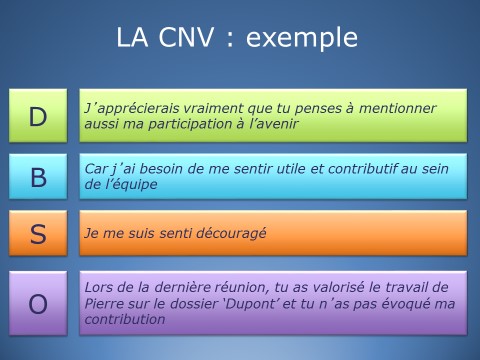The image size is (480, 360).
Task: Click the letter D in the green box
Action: tap(38, 116)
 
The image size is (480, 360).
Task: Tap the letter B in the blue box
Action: tap(38, 177)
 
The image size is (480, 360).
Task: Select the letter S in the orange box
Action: tap(38, 234)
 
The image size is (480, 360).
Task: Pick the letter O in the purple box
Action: tap(38, 303)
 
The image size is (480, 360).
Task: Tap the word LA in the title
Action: tap(132, 38)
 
